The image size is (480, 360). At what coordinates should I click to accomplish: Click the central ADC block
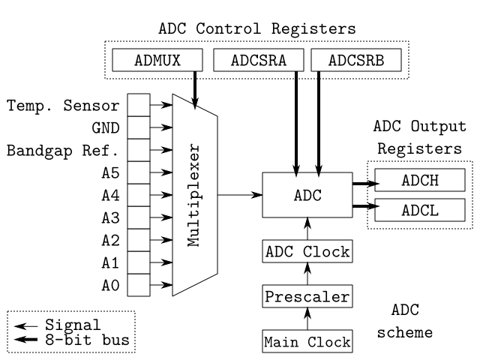(x=307, y=195)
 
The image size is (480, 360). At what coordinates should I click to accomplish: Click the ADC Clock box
(x=307, y=251)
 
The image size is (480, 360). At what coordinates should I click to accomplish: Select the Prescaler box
(x=307, y=296)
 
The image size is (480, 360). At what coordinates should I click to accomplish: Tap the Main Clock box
(x=307, y=342)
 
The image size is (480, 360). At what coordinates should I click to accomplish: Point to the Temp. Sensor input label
(x=64, y=106)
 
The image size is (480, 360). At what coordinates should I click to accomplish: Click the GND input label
(x=105, y=128)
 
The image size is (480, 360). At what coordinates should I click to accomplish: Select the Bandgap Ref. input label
(x=64, y=151)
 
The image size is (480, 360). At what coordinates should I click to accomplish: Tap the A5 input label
(x=109, y=173)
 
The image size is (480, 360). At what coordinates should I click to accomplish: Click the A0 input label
(x=109, y=286)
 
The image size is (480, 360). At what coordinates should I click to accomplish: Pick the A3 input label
(x=109, y=218)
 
